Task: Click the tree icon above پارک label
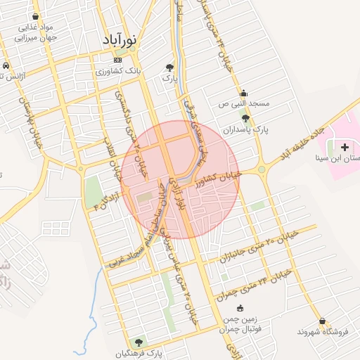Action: tap(169, 67)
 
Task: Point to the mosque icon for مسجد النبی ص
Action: tap(244, 93)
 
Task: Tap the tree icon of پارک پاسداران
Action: tap(245, 119)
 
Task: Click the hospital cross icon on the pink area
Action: tap(345, 148)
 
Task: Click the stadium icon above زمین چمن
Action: tap(240, 307)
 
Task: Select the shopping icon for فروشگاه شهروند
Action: tap(321, 321)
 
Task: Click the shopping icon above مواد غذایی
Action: tap(36, 15)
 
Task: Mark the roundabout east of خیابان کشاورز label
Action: tap(262, 169)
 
